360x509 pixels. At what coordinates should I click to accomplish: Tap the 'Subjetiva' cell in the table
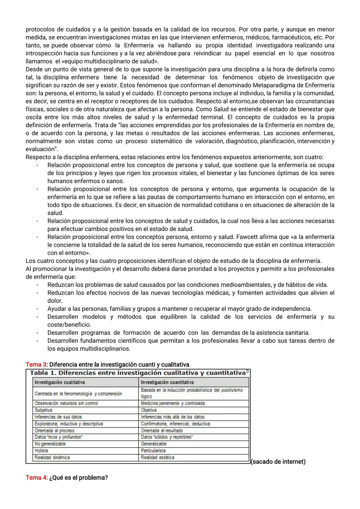[43, 410]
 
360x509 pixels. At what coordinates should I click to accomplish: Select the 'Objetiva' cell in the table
[149, 410]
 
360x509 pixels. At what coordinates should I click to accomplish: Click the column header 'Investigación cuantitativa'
[167, 382]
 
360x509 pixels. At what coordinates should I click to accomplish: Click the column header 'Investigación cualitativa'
[60, 382]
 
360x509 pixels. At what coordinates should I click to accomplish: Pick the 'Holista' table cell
[41, 451]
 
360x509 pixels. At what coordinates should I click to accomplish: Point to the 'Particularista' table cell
[153, 451]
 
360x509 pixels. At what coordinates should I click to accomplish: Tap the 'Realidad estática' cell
[157, 457]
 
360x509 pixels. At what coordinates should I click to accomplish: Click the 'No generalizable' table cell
[50, 444]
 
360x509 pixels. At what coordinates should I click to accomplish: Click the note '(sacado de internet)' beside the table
[278, 462]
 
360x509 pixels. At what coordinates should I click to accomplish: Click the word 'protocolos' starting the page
[39, 29]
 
